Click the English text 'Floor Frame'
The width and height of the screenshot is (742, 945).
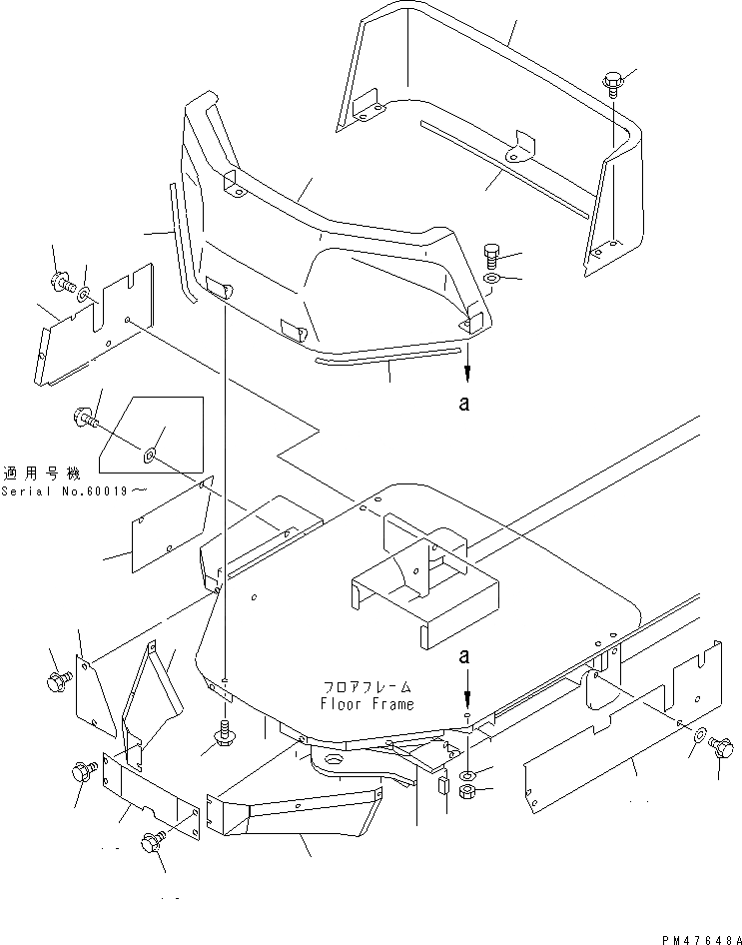coord(368,703)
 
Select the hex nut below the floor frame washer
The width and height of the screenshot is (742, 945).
coord(466,792)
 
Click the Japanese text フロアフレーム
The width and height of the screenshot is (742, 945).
coord(368,688)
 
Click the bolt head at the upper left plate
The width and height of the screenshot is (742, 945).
coord(60,284)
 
